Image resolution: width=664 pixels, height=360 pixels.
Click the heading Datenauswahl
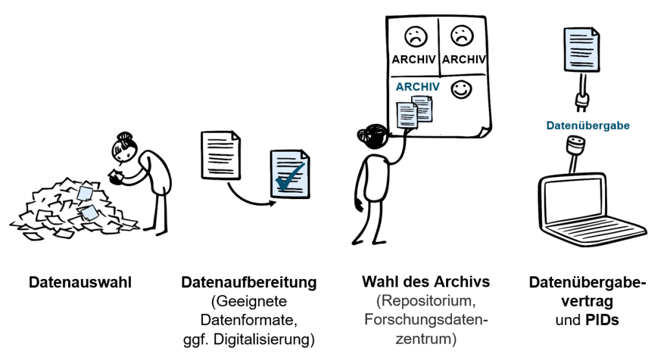(x=80, y=283)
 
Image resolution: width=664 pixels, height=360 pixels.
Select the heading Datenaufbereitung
(x=249, y=283)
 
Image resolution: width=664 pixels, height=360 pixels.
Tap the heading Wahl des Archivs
(x=425, y=282)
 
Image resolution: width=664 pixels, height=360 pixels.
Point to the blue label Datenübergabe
(x=587, y=125)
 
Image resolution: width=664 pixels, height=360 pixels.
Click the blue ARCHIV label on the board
(x=418, y=86)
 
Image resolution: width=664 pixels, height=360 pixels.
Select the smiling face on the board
(x=462, y=90)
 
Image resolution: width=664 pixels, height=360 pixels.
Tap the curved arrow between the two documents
(x=246, y=196)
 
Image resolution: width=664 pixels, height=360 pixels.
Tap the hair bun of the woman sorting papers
(x=124, y=137)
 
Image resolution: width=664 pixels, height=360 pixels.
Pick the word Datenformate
(x=249, y=320)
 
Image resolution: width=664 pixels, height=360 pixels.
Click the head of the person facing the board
(x=371, y=136)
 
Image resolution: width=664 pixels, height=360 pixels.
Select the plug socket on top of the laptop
(x=575, y=145)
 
